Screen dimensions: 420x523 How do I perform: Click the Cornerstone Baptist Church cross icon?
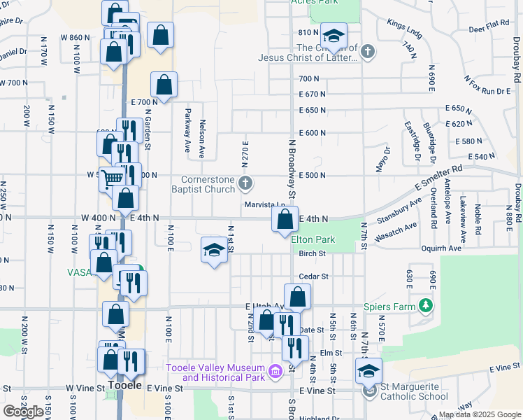pyautogui.click(x=245, y=183)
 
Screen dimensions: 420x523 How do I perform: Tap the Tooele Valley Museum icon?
pyautogui.click(x=275, y=370)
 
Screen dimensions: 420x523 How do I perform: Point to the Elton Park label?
pyautogui.click(x=313, y=239)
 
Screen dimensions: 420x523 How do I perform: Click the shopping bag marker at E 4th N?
pyautogui.click(x=285, y=220)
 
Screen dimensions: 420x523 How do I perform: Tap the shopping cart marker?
pyautogui.click(x=111, y=179)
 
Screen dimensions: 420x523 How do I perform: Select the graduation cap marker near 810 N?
pyautogui.click(x=334, y=36)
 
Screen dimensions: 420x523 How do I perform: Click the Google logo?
pyautogui.click(x=23, y=412)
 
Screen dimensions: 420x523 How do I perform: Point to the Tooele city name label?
pyautogui.click(x=125, y=386)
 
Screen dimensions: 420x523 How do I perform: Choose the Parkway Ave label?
pyautogui.click(x=188, y=131)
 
